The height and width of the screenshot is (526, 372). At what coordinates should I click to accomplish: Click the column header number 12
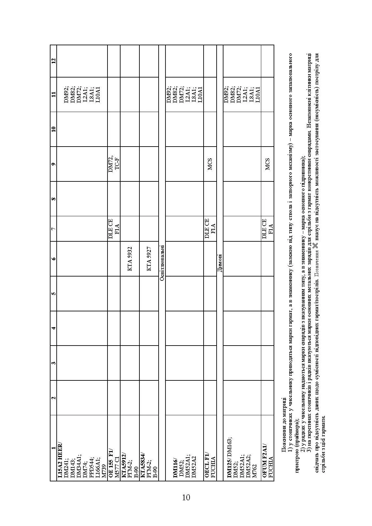click(x=53, y=61)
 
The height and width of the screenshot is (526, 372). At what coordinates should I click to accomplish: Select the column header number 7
click(x=53, y=229)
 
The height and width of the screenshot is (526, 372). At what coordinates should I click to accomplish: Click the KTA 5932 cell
click(x=130, y=259)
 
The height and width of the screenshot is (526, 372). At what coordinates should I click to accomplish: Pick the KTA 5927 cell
click(x=149, y=259)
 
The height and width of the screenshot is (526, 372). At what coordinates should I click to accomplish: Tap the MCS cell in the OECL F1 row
click(x=210, y=164)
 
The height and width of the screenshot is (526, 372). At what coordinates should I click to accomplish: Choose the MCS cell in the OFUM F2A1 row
click(x=267, y=164)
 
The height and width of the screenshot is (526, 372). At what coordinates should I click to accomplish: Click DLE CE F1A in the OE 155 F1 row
click(x=114, y=229)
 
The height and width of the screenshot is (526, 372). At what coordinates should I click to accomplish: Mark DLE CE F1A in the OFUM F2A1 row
click(x=267, y=229)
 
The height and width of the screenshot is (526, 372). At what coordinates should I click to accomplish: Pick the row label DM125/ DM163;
click(x=229, y=456)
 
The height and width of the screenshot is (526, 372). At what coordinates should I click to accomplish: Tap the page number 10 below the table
click(x=186, y=497)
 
